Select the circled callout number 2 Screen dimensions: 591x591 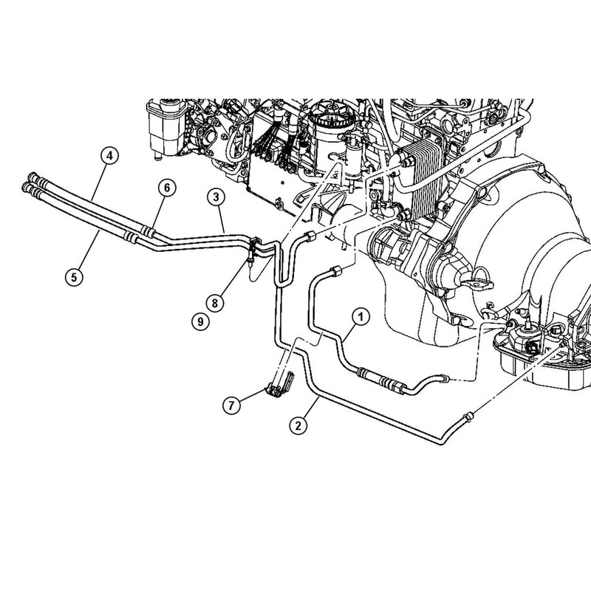(298, 426)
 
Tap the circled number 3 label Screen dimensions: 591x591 (215, 197)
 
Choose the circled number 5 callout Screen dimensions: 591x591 (71, 278)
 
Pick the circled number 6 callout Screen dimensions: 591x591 (167, 188)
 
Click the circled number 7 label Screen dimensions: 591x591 (233, 405)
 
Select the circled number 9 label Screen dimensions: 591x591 (198, 321)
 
